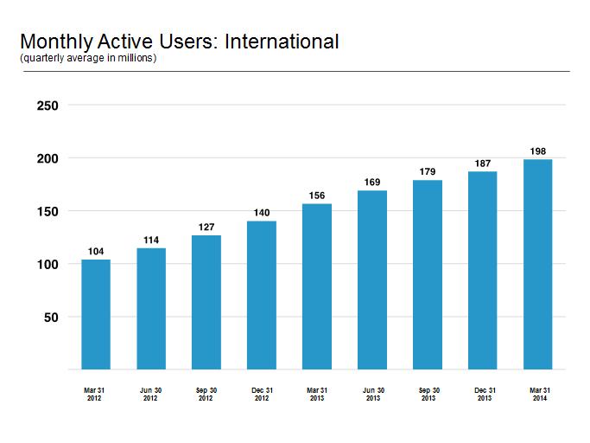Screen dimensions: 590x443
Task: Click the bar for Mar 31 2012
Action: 96,314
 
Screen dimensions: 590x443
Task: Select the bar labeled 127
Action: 206,302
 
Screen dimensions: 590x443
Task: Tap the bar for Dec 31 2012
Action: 262,295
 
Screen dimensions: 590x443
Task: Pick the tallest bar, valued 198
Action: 537,264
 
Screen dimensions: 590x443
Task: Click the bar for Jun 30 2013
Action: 372,280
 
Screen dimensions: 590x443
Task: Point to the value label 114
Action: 151,241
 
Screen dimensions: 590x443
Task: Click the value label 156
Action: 317,196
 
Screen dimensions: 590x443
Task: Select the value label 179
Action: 428,172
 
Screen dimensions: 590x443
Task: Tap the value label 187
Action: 483,164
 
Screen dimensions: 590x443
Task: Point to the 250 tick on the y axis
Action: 48,106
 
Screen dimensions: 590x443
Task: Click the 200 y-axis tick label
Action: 48,158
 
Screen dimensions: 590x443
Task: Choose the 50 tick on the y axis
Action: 51,318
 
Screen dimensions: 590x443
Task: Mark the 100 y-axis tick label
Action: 48,265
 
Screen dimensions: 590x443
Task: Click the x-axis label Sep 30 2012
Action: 206,394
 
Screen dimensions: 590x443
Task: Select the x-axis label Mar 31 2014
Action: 540,394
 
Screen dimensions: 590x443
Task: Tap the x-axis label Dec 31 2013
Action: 485,394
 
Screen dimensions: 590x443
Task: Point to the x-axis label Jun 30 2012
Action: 150,394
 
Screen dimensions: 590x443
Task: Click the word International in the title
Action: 282,42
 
